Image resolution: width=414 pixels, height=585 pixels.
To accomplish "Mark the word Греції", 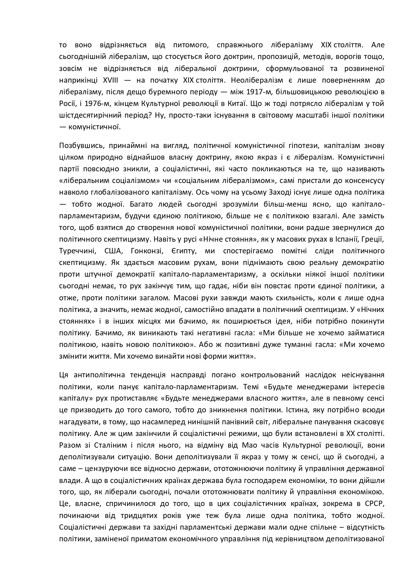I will click(373, 239).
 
